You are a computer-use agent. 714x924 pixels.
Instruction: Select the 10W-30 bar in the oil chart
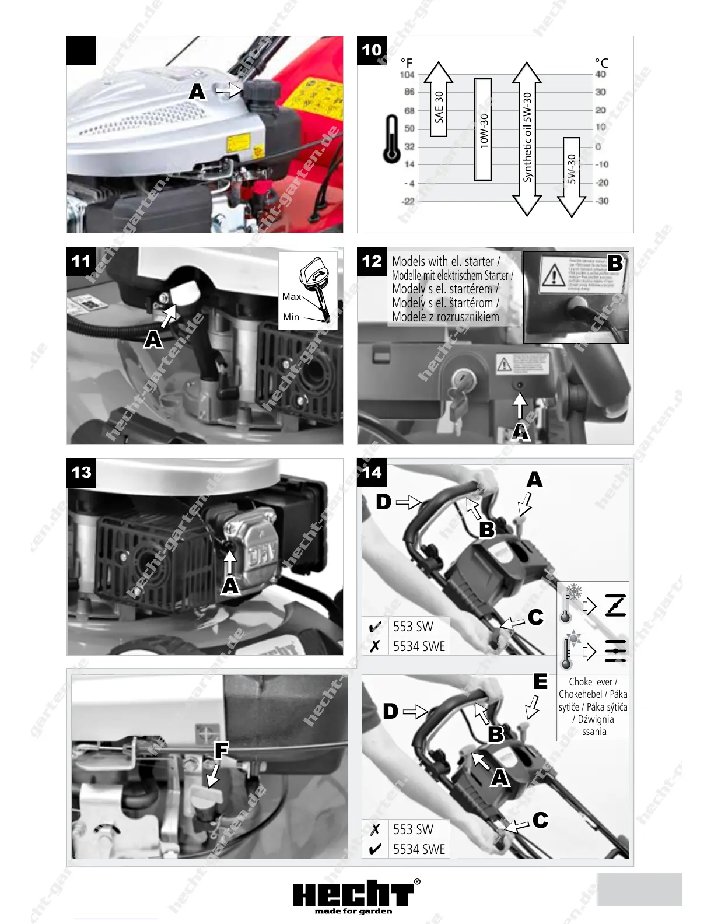click(x=484, y=129)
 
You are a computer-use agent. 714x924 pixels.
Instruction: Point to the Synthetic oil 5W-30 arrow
click(x=527, y=139)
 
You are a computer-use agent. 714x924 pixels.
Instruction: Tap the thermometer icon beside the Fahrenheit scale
click(x=391, y=139)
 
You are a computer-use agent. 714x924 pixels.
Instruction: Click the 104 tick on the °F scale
click(x=407, y=75)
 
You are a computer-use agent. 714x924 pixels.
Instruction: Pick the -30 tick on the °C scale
click(x=602, y=201)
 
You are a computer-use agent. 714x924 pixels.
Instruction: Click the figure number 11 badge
click(x=81, y=261)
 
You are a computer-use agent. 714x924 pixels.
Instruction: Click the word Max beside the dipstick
click(x=291, y=296)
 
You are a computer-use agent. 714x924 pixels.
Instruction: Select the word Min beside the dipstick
click(x=290, y=317)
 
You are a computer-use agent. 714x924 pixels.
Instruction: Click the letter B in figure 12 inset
click(x=615, y=263)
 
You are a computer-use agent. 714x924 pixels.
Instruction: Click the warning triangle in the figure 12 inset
click(x=552, y=273)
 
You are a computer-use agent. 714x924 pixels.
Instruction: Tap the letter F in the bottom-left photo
click(x=221, y=750)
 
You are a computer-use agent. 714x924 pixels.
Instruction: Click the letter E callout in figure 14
click(x=540, y=681)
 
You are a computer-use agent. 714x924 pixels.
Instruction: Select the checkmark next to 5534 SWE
click(x=376, y=849)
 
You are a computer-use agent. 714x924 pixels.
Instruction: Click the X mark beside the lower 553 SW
click(x=376, y=829)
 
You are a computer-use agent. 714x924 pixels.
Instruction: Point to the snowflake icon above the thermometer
click(x=575, y=591)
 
